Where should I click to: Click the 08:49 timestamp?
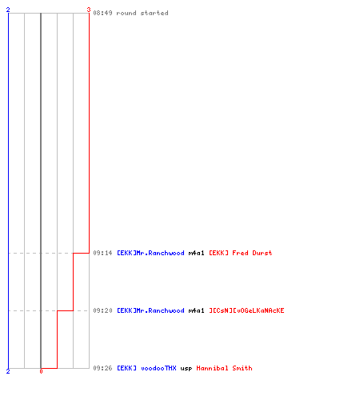click(x=102, y=13)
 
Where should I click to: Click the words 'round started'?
click(x=142, y=13)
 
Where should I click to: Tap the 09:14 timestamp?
click(x=102, y=253)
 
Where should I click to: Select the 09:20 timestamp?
click(x=102, y=310)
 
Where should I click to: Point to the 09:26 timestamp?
click(x=102, y=368)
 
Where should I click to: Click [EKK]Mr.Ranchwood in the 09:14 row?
click(x=150, y=253)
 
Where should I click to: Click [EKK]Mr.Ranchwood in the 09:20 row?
click(x=150, y=310)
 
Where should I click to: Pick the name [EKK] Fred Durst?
click(x=241, y=253)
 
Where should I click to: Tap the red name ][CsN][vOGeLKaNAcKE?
click(x=246, y=310)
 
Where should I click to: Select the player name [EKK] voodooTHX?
click(x=146, y=368)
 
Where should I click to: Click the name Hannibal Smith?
click(x=224, y=368)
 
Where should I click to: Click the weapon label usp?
click(x=186, y=368)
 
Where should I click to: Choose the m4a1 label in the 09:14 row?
click(x=197, y=253)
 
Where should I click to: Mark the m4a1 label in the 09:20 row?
click(x=197, y=310)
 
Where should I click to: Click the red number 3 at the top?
click(x=89, y=10)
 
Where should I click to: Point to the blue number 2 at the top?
click(x=8, y=10)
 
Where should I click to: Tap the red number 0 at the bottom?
click(x=41, y=371)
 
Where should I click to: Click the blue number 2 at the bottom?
click(x=8, y=371)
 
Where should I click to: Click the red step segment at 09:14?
click(x=81, y=253)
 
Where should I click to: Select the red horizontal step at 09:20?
click(x=65, y=310)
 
